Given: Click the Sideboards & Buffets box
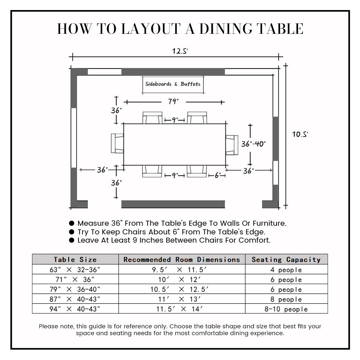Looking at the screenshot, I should tap(173, 84).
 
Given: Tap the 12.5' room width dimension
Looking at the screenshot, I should tap(180, 51).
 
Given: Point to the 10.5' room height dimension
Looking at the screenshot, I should tap(300, 134).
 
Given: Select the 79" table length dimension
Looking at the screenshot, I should tap(173, 102).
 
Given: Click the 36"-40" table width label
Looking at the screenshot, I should tap(253, 144).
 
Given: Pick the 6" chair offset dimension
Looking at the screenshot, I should tap(218, 175).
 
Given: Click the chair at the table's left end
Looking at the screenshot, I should tap(117, 143).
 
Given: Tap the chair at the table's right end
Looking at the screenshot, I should tap(232, 144).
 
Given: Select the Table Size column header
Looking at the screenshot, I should tap(75, 259).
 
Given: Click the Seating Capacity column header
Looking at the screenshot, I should tap(286, 259).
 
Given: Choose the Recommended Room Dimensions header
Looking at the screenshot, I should tap(182, 259).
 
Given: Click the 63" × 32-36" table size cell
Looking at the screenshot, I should tap(75, 270).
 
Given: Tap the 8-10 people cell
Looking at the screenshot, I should tap(286, 309).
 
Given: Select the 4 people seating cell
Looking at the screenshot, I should tap(286, 270).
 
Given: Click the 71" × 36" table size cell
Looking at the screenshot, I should tap(75, 279).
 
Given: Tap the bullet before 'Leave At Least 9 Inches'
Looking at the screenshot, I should tap(72, 240).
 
